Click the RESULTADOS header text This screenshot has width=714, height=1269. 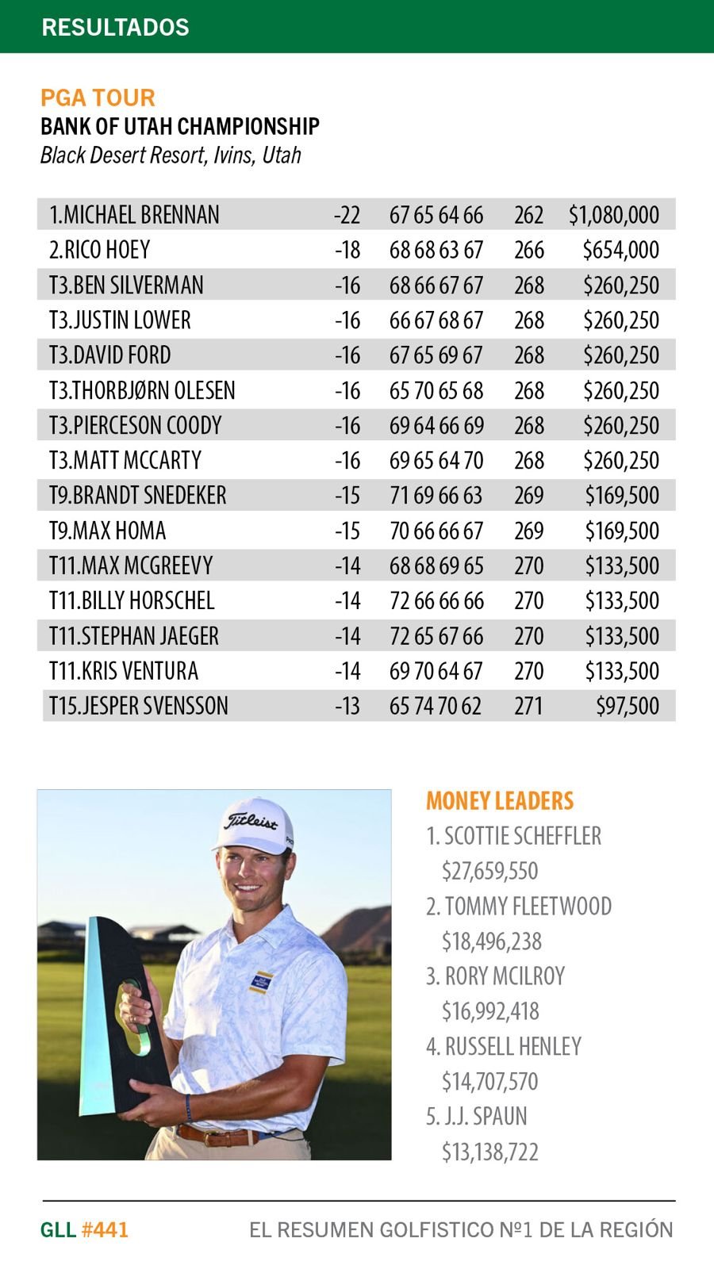tap(115, 27)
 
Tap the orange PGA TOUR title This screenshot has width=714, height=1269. tap(98, 98)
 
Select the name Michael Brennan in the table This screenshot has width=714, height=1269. tap(134, 215)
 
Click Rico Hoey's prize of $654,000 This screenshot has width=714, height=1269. tap(620, 250)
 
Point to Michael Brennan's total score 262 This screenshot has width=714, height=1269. tap(528, 215)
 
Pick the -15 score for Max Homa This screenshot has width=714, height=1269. tap(347, 531)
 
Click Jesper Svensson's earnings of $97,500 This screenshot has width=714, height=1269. tap(627, 706)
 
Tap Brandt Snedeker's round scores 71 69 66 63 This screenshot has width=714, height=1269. tap(436, 496)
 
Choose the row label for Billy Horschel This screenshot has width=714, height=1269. tap(132, 600)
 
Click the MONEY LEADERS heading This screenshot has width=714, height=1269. tap(500, 801)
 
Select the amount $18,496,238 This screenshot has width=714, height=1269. tap(491, 941)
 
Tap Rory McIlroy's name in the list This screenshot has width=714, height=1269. tap(504, 976)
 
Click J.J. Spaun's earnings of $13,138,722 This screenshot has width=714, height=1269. tap(489, 1152)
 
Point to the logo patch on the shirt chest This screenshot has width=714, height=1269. tap(261, 982)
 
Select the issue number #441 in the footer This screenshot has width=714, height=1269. tap(105, 1230)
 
